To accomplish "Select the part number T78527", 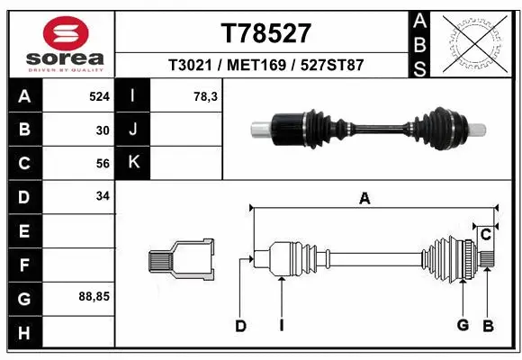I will [265, 33].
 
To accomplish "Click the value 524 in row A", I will [99, 95].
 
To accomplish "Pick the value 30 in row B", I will [103, 130].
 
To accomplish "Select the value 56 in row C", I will [103, 163].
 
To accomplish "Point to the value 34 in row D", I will [103, 196].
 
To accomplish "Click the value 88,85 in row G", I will [94, 296].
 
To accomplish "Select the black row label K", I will [133, 163].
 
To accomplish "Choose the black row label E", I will [23, 230].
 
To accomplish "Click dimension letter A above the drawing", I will [365, 200].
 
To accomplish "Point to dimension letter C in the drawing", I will [485, 235].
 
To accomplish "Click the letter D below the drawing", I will [240, 326].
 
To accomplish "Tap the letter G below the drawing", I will [463, 326].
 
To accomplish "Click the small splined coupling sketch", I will [181, 260].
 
